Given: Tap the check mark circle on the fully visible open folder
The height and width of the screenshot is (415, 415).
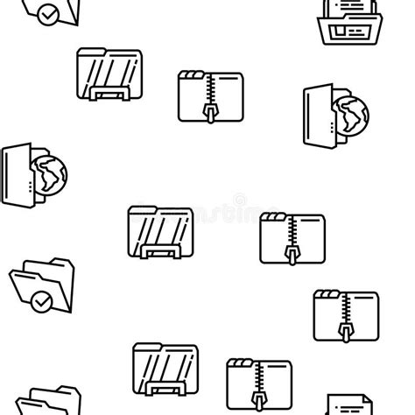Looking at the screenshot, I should tap(39, 302).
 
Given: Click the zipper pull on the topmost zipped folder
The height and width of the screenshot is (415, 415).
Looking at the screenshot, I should tap(210, 112).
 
